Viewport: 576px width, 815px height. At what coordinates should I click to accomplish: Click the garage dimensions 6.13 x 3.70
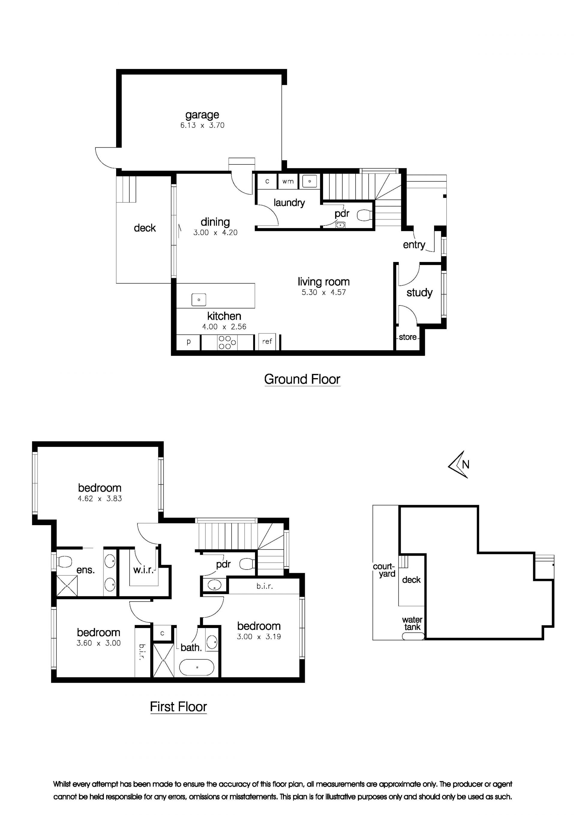tap(202, 125)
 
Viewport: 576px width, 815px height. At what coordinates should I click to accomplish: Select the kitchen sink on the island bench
tap(199, 299)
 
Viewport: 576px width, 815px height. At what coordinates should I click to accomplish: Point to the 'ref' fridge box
tap(267, 341)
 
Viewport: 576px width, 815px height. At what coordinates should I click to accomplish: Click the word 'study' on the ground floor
tap(419, 293)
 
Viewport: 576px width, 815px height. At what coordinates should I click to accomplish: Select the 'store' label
tap(407, 337)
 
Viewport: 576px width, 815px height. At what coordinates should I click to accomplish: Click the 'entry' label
tap(414, 245)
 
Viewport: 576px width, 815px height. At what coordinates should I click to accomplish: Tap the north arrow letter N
tap(466, 464)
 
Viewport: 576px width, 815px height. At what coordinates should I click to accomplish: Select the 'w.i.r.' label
tap(143, 570)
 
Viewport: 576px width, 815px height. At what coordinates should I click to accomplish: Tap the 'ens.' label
tap(85, 570)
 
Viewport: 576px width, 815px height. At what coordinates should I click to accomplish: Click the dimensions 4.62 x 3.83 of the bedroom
tap(100, 498)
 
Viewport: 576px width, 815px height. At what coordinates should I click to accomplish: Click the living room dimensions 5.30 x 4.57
tap(324, 293)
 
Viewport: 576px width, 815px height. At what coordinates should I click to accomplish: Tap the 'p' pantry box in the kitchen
tap(189, 342)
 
